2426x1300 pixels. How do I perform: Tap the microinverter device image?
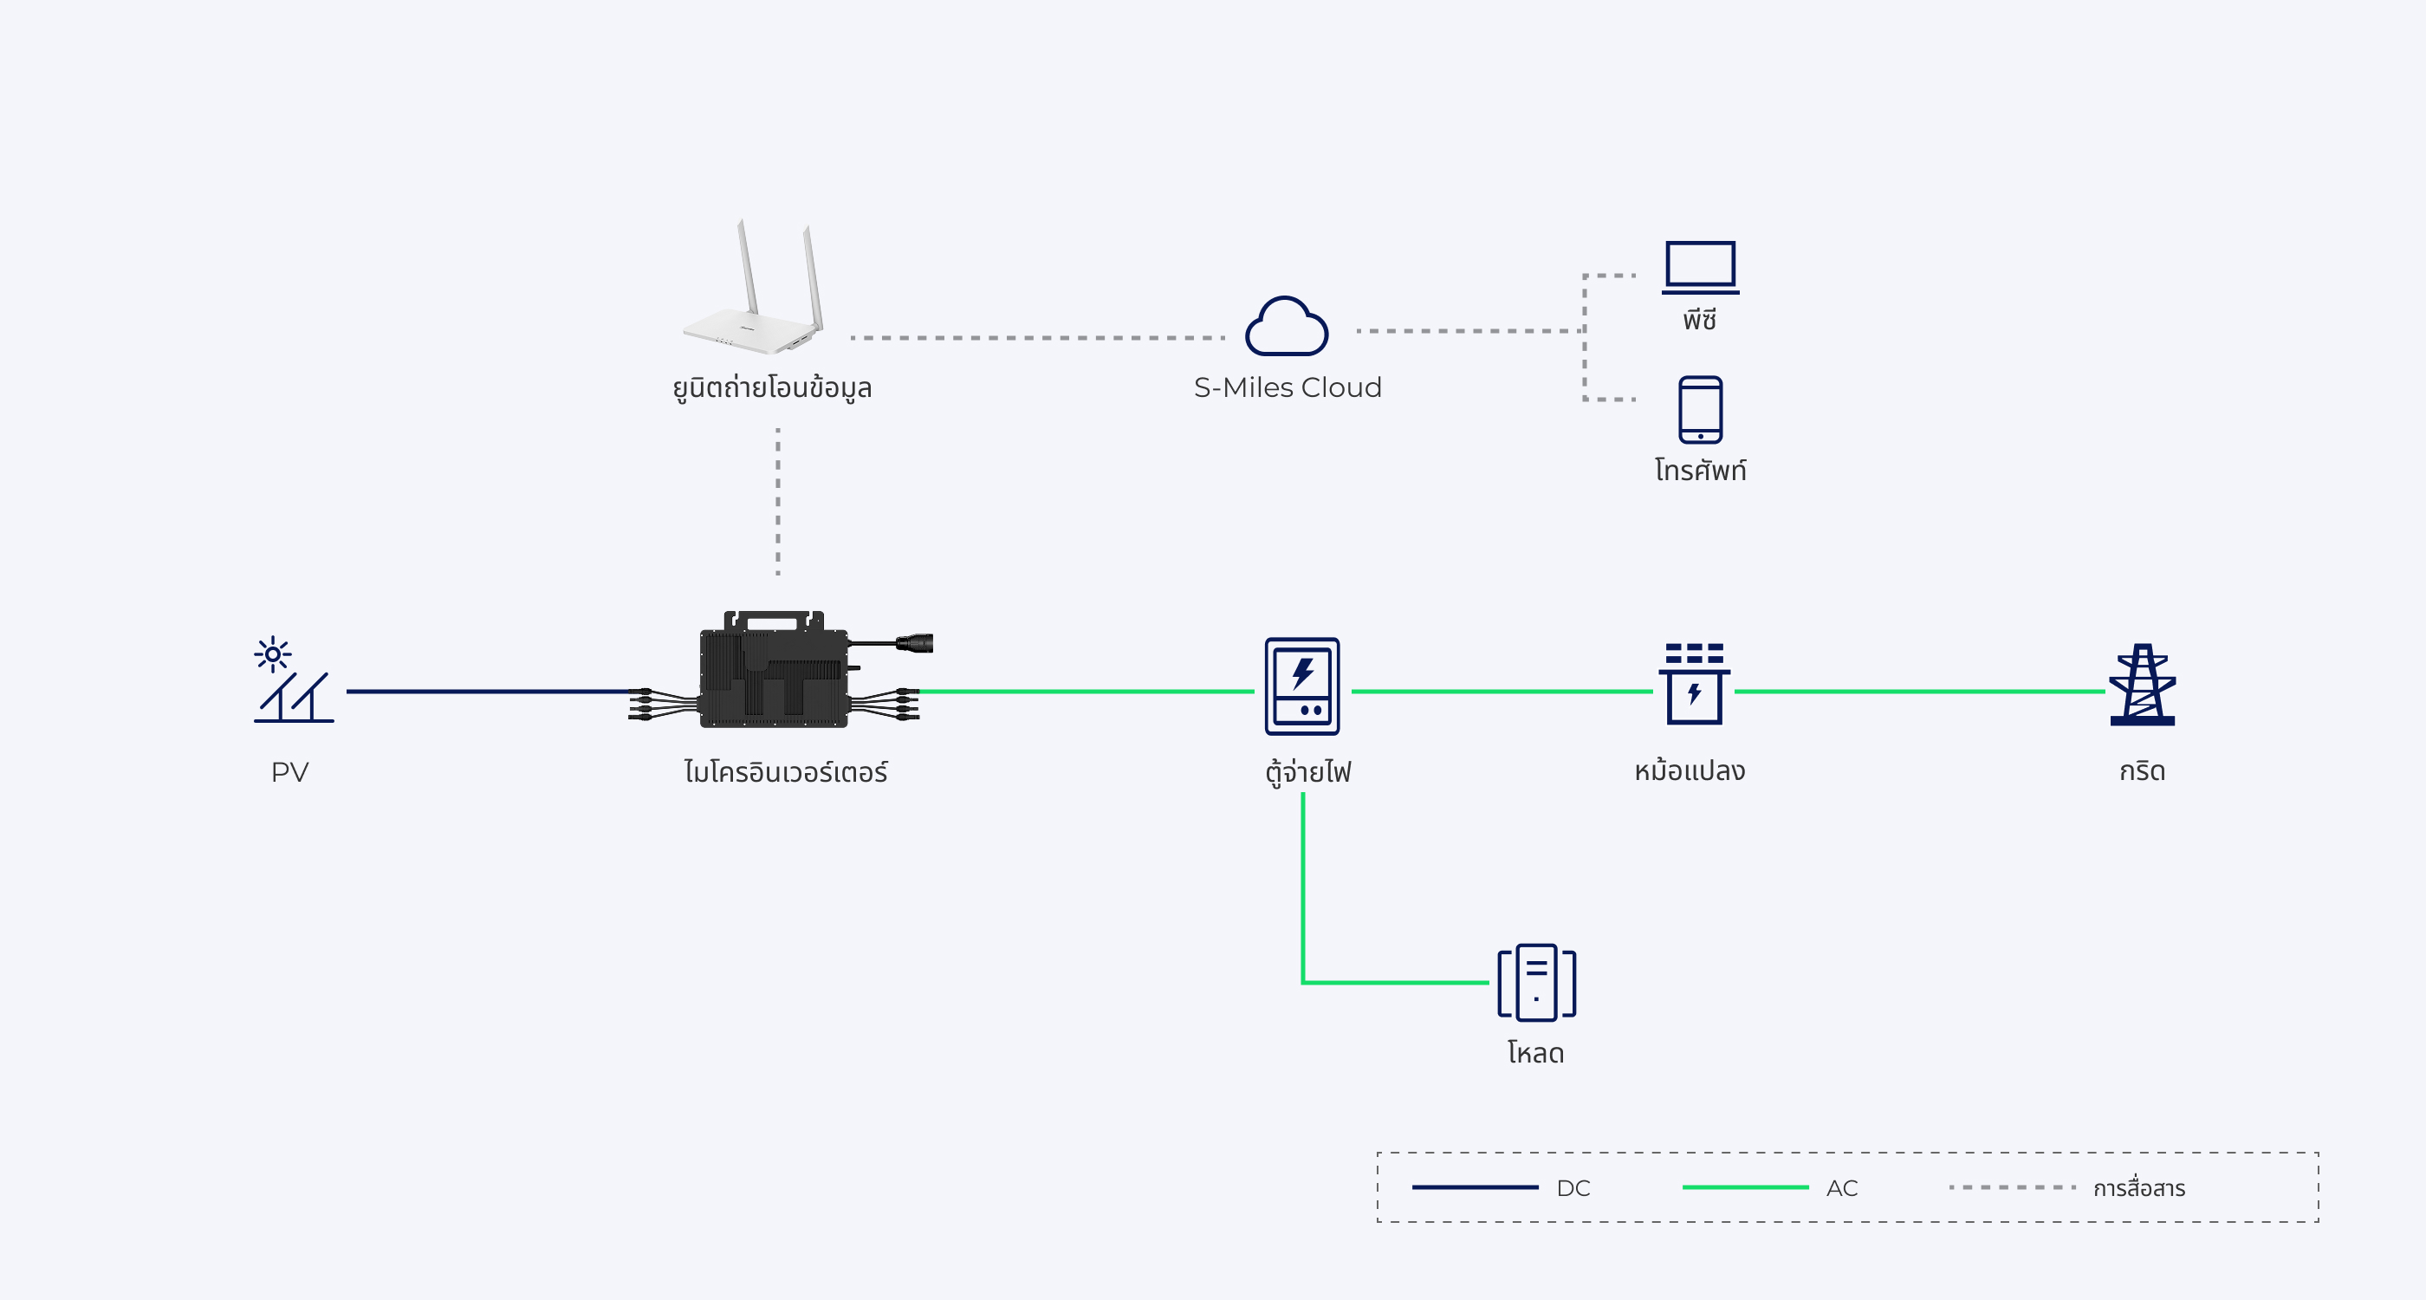tap(774, 672)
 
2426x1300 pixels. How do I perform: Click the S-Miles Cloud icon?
tap(1287, 327)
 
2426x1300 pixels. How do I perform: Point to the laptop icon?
tap(1700, 268)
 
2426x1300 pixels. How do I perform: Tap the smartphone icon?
tap(1700, 410)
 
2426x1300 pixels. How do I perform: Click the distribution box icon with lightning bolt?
tap(1301, 686)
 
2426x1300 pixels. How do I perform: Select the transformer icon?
tap(1693, 685)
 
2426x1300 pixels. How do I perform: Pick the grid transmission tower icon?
tap(2142, 685)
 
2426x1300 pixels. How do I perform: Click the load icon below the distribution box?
tap(1536, 983)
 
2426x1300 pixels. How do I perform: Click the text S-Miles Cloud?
tap(1288, 387)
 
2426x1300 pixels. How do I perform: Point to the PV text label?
tap(290, 772)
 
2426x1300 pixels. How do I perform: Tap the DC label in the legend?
tap(1573, 1188)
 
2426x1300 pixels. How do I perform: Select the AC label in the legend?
tap(1841, 1188)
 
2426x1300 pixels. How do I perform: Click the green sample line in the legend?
tap(1744, 1188)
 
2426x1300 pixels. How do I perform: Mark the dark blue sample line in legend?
tap(1474, 1188)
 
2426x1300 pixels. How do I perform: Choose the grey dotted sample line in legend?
tap(2012, 1188)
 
